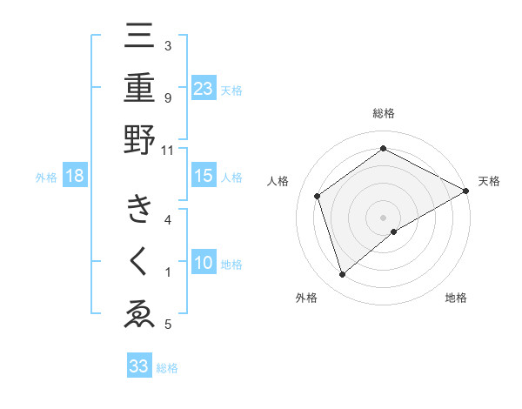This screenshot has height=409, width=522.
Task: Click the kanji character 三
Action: pos(140,40)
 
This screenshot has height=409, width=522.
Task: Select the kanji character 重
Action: pos(140,90)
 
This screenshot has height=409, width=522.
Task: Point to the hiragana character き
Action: pos(140,211)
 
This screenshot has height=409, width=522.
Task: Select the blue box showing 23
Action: pos(204,88)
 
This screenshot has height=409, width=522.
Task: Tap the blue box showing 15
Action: pos(204,177)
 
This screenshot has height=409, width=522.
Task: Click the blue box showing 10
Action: pos(204,263)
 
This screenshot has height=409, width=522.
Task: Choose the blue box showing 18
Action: pos(75,177)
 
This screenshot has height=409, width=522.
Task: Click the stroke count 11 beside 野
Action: pos(168,149)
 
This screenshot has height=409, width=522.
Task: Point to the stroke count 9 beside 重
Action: pos(168,97)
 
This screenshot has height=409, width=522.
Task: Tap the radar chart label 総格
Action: pos(384,114)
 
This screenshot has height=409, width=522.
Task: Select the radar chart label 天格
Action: pos(489,181)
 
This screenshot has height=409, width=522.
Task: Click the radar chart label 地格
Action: pos(456,298)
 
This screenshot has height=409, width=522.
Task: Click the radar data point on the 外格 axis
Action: pos(343,275)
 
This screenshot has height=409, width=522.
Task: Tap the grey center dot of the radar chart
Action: pos(384,217)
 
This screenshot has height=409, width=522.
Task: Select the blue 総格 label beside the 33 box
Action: pos(167,368)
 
